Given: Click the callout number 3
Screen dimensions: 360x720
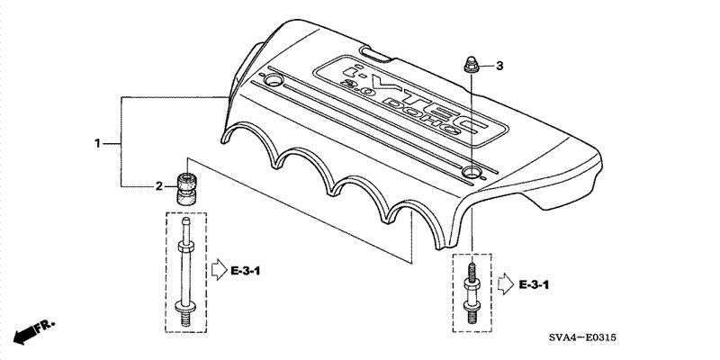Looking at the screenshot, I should tap(499, 66).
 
